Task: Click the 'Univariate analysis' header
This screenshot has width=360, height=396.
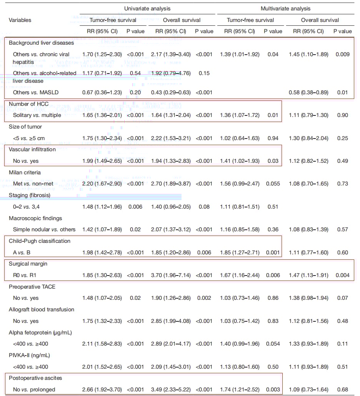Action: pyautogui.click(x=147, y=8)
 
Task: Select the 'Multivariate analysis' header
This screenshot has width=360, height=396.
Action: pyautogui.click(x=285, y=8)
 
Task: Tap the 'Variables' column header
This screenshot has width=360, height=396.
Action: pyautogui.click(x=20, y=20)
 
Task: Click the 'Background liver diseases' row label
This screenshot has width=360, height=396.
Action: pyautogui.click(x=41, y=43)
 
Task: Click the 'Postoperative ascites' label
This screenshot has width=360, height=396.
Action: pyautogui.click(x=35, y=378)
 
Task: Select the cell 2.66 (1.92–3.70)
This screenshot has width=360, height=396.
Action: pyautogui.click(x=102, y=389)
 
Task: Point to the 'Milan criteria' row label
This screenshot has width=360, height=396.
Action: pyautogui.click(x=25, y=172)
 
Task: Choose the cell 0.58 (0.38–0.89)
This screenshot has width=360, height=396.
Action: pyautogui.click(x=308, y=92)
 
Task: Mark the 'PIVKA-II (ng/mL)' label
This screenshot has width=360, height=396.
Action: pyautogui.click(x=29, y=355)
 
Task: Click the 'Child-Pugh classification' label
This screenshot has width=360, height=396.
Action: pyautogui.click(x=40, y=241)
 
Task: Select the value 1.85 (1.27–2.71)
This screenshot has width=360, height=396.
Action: pyautogui.click(x=240, y=252)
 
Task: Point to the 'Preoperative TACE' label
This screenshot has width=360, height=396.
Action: pyautogui.click(x=34, y=287)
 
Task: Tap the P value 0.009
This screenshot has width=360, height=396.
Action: pyautogui.click(x=342, y=54)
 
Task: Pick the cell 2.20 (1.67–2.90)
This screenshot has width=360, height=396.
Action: pyautogui.click(x=102, y=184)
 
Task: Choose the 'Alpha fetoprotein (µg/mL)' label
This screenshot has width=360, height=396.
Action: pyautogui.click(x=40, y=333)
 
